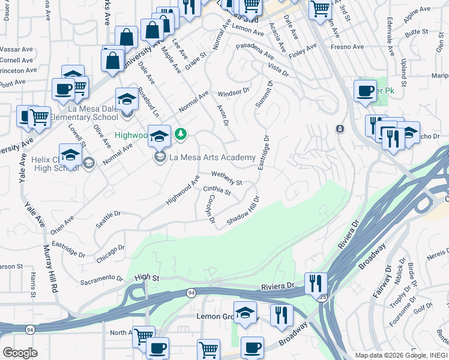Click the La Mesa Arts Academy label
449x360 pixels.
point(212,158)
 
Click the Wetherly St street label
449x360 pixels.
point(226,178)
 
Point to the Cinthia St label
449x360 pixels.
point(217,190)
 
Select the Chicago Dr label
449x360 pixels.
point(110,252)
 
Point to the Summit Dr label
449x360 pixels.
point(264,95)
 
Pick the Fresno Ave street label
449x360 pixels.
point(348,46)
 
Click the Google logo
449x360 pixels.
point(20,353)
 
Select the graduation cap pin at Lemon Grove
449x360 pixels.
point(245,313)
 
